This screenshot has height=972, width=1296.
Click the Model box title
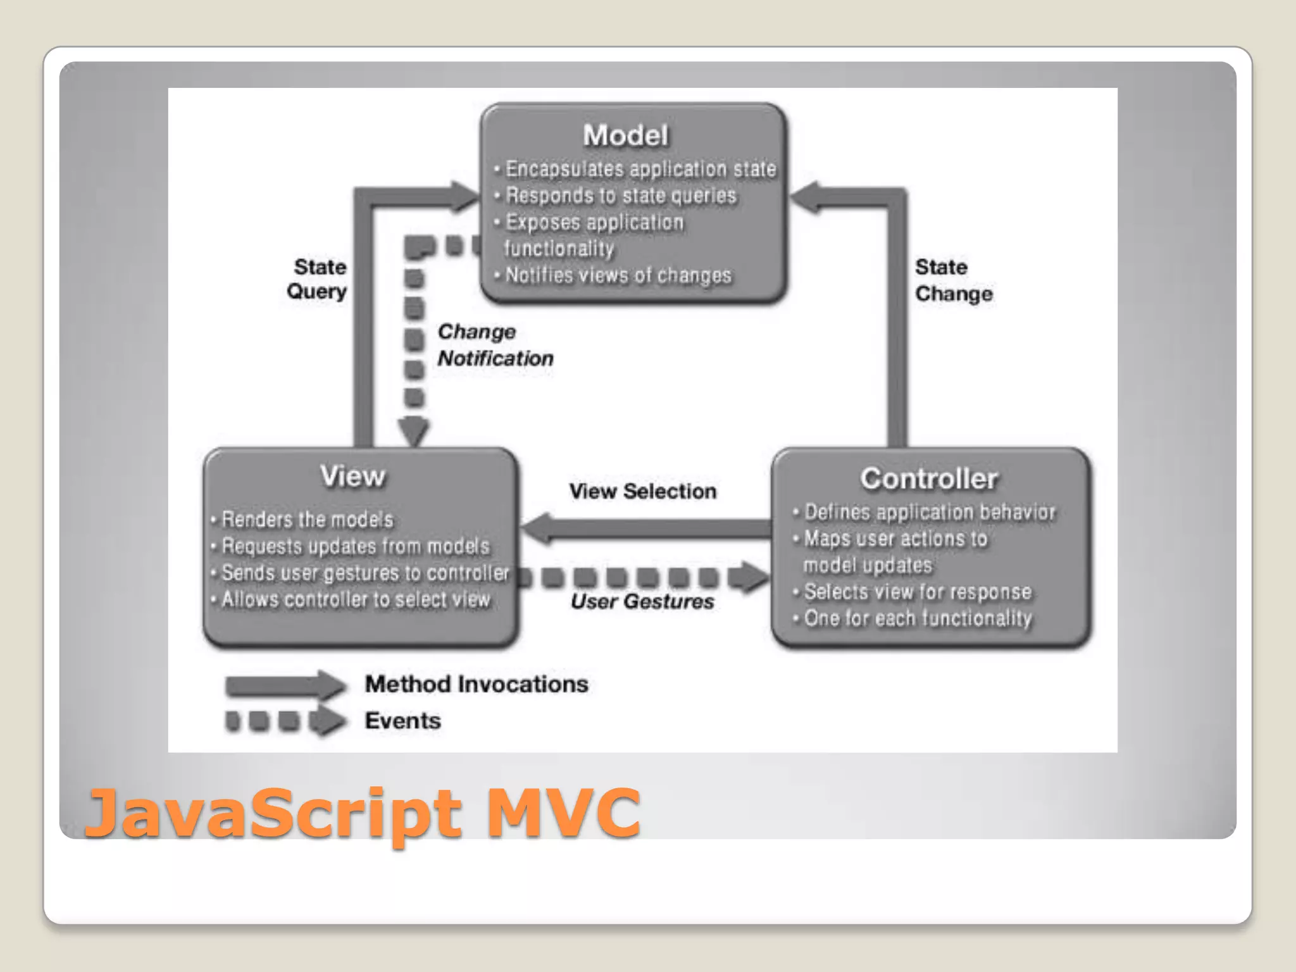coord(625,135)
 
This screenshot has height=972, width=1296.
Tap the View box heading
coord(352,477)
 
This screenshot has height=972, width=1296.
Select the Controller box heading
coord(928,479)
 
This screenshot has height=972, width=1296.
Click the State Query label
coord(318,279)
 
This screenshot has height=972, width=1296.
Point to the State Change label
coord(953,280)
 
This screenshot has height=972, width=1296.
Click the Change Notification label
coord(495,345)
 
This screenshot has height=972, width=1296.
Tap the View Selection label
coord(642,491)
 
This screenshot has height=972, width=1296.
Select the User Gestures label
coord(642,601)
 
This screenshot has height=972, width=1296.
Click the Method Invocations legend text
coord(477,684)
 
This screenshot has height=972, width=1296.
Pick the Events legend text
coord(402,721)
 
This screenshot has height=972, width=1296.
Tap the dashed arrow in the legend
coord(285,721)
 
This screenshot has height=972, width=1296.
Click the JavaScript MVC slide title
coord(362,812)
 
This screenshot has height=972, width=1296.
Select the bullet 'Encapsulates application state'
coord(639,169)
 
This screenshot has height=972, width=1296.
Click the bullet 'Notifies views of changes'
coord(617,275)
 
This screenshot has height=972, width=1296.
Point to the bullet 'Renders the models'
coord(306,520)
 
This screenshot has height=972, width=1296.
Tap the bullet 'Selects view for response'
coord(916,592)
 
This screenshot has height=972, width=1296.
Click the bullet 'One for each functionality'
coord(916,618)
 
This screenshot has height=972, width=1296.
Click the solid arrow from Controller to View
coord(645,528)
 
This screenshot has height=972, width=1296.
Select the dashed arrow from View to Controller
coord(642,577)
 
